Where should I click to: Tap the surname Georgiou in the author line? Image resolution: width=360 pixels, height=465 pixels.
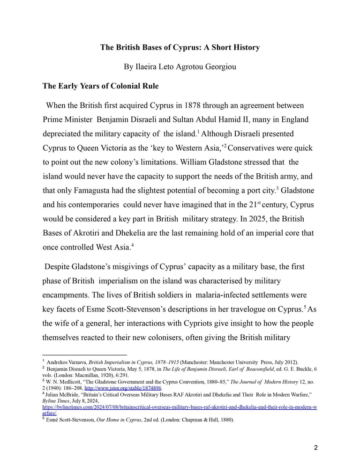pyautogui.click(x=216, y=66)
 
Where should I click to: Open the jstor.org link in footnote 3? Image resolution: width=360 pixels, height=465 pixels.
pyautogui.click(x=123, y=388)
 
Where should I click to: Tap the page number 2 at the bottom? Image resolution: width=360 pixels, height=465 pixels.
pyautogui.click(x=315, y=448)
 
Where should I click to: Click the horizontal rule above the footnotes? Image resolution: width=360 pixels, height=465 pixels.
pyautogui.click(x=84, y=355)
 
